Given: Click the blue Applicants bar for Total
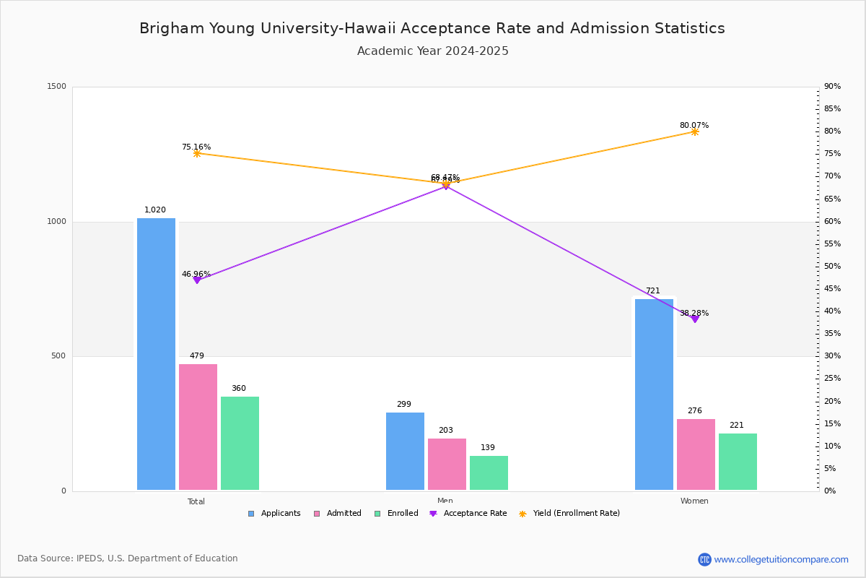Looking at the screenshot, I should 156,354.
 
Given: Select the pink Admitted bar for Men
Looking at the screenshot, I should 447,465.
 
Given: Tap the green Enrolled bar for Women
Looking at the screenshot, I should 738,462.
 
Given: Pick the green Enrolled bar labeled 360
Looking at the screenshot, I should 240,444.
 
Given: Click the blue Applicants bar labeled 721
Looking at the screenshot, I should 654,394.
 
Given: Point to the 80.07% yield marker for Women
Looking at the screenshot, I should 695,132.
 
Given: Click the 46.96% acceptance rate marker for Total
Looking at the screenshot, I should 197,280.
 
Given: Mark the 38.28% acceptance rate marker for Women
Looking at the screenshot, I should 695,319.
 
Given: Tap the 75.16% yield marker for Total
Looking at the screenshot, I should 197,154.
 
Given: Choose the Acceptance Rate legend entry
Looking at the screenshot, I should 468,514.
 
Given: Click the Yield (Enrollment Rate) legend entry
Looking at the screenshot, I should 569,514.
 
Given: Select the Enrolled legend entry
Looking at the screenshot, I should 396,514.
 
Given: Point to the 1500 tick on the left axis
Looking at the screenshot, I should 57,87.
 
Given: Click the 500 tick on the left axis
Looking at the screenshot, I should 58,356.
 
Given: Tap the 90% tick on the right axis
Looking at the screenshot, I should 832,87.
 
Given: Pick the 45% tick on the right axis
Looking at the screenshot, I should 832,289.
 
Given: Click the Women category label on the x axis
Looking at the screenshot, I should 694,501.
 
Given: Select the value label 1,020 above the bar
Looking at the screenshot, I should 155,210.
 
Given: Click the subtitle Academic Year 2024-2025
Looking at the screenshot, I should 433,51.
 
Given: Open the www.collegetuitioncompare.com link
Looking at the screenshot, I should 781,559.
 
